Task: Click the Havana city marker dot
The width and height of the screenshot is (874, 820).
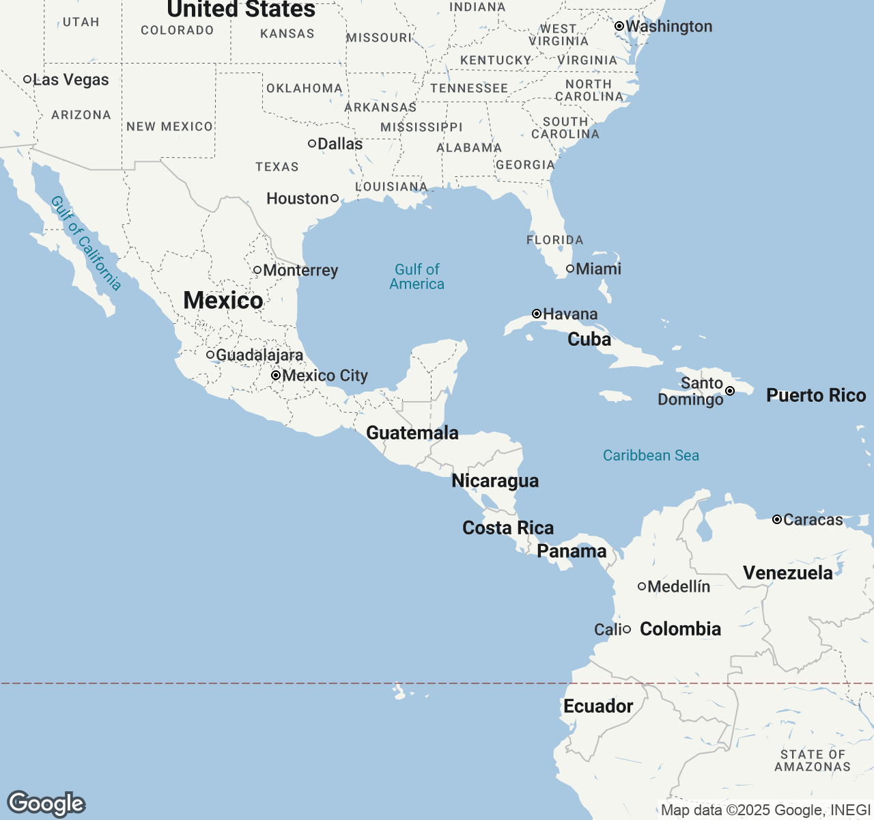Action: pos(537,314)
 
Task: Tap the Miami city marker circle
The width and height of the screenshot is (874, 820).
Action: pos(570,269)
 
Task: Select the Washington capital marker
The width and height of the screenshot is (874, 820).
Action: pos(619,26)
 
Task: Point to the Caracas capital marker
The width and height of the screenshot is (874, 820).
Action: pos(777,519)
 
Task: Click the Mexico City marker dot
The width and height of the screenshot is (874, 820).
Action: pos(276,375)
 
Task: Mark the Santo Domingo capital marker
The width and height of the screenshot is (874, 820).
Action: pos(730,391)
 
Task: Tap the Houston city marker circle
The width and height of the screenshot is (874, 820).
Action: pos(334,198)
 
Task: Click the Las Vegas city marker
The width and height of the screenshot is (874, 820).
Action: pos(27,79)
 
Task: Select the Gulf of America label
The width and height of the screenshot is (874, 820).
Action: pos(417,277)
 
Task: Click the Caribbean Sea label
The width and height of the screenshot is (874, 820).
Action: pos(651,455)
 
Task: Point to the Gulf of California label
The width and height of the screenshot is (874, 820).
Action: pos(86,243)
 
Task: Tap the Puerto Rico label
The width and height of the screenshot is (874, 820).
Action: pos(816,395)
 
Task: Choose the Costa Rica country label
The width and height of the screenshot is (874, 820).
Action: pos(508,528)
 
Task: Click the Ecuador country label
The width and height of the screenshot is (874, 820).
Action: pos(598,706)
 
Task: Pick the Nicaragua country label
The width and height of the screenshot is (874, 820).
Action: pos(495,480)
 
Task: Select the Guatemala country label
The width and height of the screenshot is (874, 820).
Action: pos(412,433)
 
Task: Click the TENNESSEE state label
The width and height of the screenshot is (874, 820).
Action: pos(469,88)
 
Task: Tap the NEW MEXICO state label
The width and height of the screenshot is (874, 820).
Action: pos(169,126)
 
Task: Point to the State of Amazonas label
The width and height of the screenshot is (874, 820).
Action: pos(813,761)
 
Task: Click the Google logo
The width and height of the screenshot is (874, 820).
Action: pos(46,804)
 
